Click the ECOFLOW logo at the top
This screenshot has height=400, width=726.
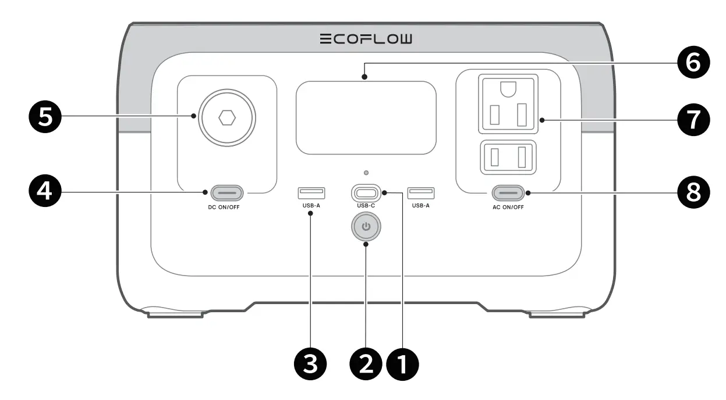pyautogui.click(x=366, y=39)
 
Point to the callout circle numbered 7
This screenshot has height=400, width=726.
pyautogui.click(x=692, y=120)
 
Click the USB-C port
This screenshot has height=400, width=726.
pyautogui.click(x=366, y=192)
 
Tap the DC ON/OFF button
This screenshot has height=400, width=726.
pyautogui.click(x=227, y=192)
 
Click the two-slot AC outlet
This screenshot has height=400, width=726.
pyautogui.click(x=508, y=157)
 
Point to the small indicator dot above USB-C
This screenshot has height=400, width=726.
pyautogui.click(x=366, y=173)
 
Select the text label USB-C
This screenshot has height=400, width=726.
pyautogui.click(x=366, y=206)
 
